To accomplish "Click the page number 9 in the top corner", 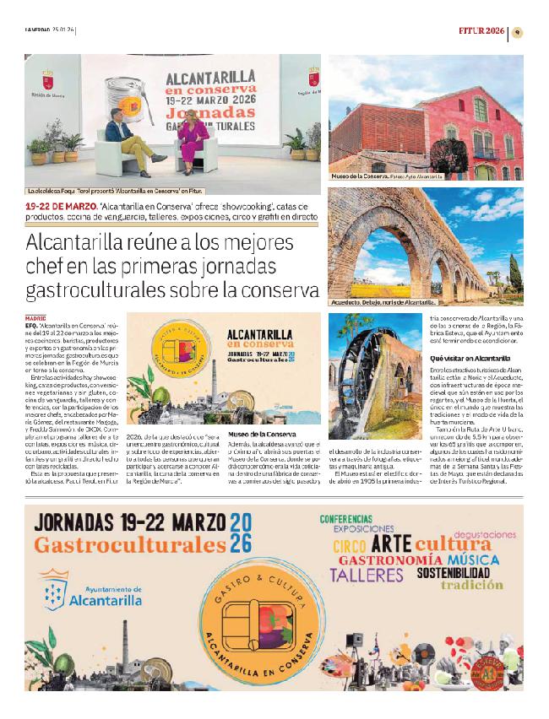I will (519, 32).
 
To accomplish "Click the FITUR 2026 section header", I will (481, 32).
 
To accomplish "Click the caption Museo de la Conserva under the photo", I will (357, 178).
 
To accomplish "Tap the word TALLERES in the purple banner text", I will (366, 576).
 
